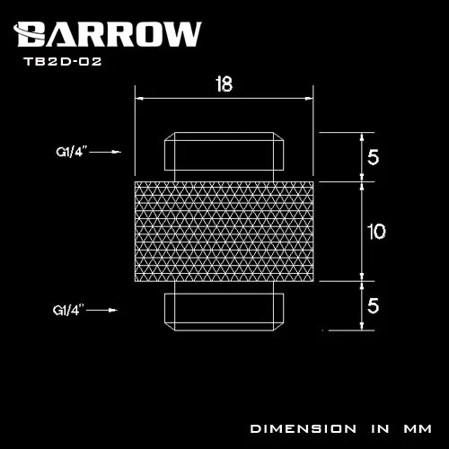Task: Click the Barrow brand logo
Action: click(107, 34)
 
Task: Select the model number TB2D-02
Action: click(63, 62)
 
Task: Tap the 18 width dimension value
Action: click(224, 84)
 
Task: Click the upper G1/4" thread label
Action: click(71, 152)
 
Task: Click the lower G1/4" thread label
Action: click(68, 310)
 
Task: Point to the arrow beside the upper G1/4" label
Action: click(105, 152)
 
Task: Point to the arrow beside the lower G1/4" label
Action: click(101, 310)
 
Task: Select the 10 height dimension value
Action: click(376, 232)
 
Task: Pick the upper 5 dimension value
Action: click(373, 157)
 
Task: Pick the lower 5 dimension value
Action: click(373, 305)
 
